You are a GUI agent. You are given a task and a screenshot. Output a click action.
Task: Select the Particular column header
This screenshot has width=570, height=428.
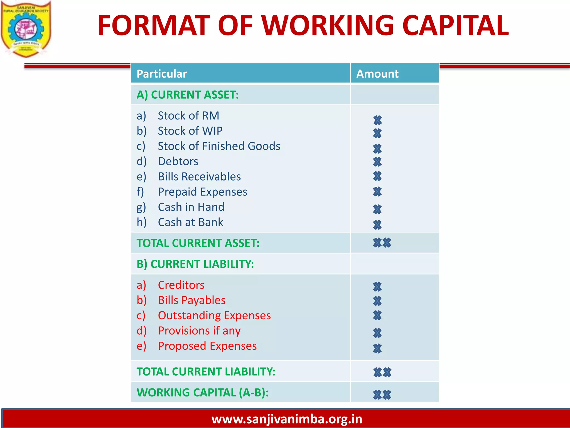click(162, 74)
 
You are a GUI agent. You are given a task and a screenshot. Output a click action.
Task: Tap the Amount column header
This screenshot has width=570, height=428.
click(377, 74)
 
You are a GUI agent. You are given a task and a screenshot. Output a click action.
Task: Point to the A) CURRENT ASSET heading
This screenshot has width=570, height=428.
click(188, 95)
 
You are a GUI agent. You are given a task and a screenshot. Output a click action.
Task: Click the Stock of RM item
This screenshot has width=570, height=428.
click(188, 116)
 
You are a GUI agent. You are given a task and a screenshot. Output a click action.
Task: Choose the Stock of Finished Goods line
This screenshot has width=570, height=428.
click(219, 146)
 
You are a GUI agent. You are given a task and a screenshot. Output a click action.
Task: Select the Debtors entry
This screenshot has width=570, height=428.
click(178, 161)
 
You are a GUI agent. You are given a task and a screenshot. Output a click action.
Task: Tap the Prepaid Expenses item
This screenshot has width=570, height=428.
click(202, 192)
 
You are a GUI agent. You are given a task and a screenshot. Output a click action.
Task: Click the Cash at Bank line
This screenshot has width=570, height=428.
click(190, 222)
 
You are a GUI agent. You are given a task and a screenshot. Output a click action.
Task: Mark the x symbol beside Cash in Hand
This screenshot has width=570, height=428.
click(377, 209)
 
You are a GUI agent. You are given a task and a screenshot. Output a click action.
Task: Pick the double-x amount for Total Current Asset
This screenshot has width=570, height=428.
click(382, 243)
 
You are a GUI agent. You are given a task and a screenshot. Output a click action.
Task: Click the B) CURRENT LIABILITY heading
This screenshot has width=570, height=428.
click(195, 264)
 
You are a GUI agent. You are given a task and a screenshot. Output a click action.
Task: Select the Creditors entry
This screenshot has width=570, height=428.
click(181, 285)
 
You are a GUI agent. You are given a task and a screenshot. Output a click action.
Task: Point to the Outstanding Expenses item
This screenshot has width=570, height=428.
click(214, 315)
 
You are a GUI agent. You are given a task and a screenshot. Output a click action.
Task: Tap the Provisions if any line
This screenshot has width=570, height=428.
click(199, 331)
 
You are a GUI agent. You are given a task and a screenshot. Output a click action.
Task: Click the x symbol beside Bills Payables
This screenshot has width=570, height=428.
click(377, 301)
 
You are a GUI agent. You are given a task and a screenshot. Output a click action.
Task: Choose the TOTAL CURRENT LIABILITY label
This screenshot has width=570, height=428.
click(206, 371)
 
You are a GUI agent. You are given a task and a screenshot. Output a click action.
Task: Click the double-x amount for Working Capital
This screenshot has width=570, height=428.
click(382, 395)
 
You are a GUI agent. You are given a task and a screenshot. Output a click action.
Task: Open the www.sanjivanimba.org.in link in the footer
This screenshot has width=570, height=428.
click(287, 419)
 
